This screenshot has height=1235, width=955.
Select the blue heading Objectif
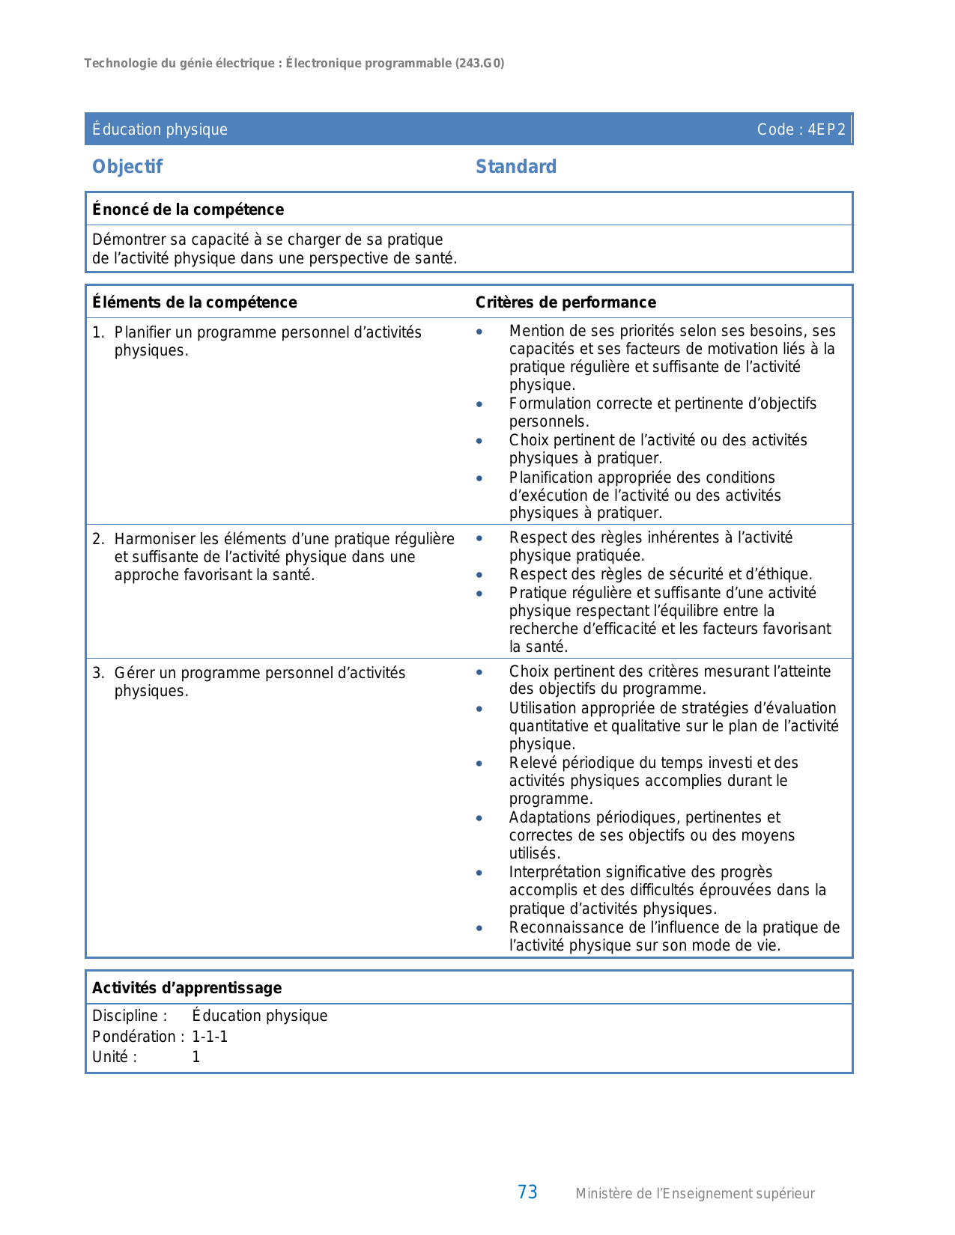[x=127, y=167]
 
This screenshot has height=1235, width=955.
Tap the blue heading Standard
[x=516, y=167]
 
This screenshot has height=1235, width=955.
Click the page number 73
[x=527, y=1192]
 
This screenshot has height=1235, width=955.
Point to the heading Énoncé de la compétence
[x=188, y=210]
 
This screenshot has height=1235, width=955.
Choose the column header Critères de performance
[x=566, y=302]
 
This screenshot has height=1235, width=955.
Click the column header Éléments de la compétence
[x=194, y=302]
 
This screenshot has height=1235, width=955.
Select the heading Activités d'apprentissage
[x=187, y=988]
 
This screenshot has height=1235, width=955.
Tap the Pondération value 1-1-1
[x=210, y=1037]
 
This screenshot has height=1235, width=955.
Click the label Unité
[x=114, y=1057]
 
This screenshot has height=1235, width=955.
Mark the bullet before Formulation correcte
[x=479, y=404]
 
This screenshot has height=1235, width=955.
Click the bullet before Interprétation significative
[x=479, y=873]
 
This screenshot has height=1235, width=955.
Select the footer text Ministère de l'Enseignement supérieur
[x=694, y=1194]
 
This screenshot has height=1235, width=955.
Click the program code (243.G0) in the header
[x=479, y=64]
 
